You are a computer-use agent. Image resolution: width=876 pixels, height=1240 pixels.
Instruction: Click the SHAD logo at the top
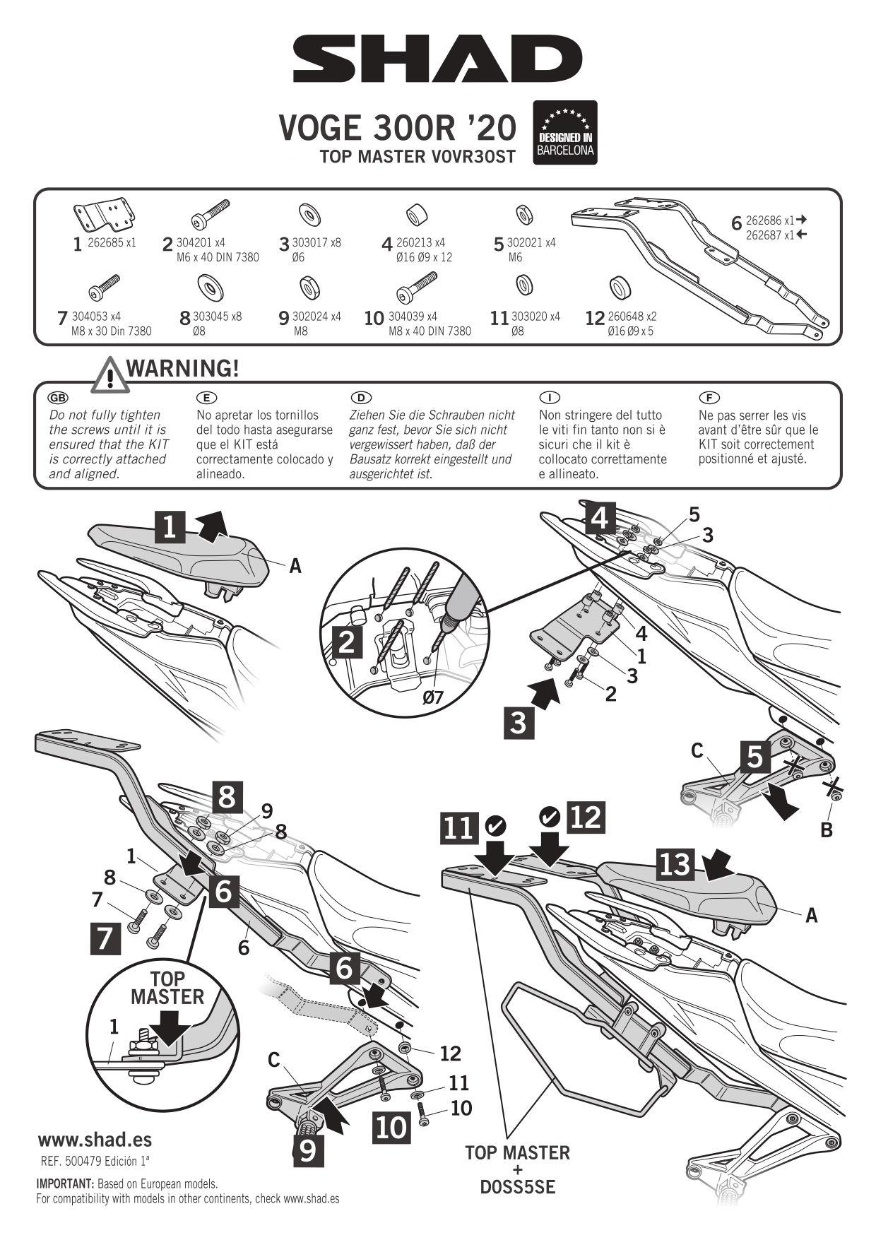click(437, 59)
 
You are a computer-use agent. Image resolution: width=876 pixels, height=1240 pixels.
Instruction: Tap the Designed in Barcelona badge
click(565, 133)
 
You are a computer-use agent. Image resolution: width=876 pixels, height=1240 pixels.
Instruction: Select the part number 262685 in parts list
click(105, 242)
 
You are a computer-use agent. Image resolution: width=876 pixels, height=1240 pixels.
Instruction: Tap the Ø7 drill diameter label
click(432, 697)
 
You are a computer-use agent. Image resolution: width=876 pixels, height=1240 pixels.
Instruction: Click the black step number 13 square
click(675, 863)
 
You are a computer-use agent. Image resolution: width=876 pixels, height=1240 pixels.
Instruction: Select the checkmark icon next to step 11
click(496, 824)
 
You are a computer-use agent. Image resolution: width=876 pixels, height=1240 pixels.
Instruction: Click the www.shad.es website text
click(95, 1140)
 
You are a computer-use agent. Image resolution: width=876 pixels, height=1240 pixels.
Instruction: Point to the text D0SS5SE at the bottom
click(517, 1187)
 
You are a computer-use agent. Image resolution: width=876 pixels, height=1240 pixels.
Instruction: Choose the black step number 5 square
click(755, 756)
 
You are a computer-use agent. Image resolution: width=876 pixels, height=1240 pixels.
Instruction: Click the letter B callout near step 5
click(827, 830)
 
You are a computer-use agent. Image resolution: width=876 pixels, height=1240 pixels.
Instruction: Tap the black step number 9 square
click(308, 1150)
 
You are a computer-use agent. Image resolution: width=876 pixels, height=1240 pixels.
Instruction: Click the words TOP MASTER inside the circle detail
click(167, 988)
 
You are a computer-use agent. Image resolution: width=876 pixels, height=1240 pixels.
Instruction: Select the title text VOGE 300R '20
click(397, 128)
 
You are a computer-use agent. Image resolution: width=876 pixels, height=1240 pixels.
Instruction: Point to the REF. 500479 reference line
click(95, 1161)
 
